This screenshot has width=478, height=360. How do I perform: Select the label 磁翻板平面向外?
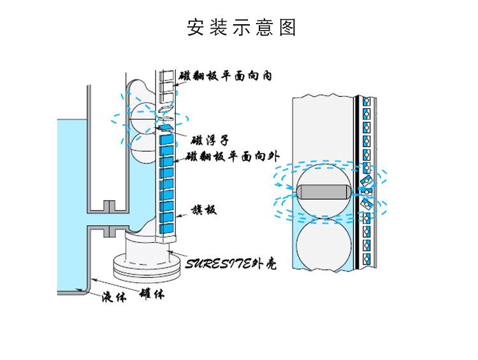tap(229, 157)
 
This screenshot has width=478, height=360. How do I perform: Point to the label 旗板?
tap(205, 208)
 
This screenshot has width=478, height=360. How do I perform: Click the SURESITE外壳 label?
tap(231, 263)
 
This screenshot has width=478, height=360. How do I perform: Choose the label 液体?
tap(115, 298)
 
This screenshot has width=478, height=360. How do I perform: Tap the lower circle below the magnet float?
tap(322, 243)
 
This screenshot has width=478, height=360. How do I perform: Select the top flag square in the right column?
tap(366, 101)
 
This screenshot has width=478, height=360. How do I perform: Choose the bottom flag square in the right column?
tap(366, 258)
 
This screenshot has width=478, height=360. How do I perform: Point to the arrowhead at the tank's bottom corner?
tap(83, 290)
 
